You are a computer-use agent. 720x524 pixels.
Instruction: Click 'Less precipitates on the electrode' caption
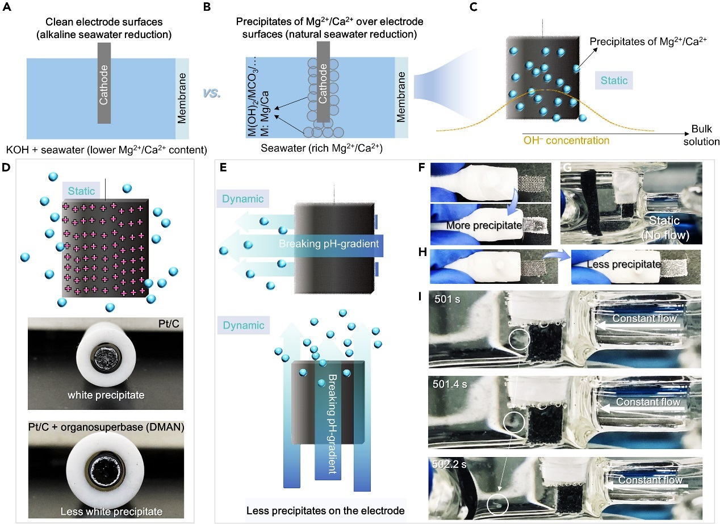coord(325,511)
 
